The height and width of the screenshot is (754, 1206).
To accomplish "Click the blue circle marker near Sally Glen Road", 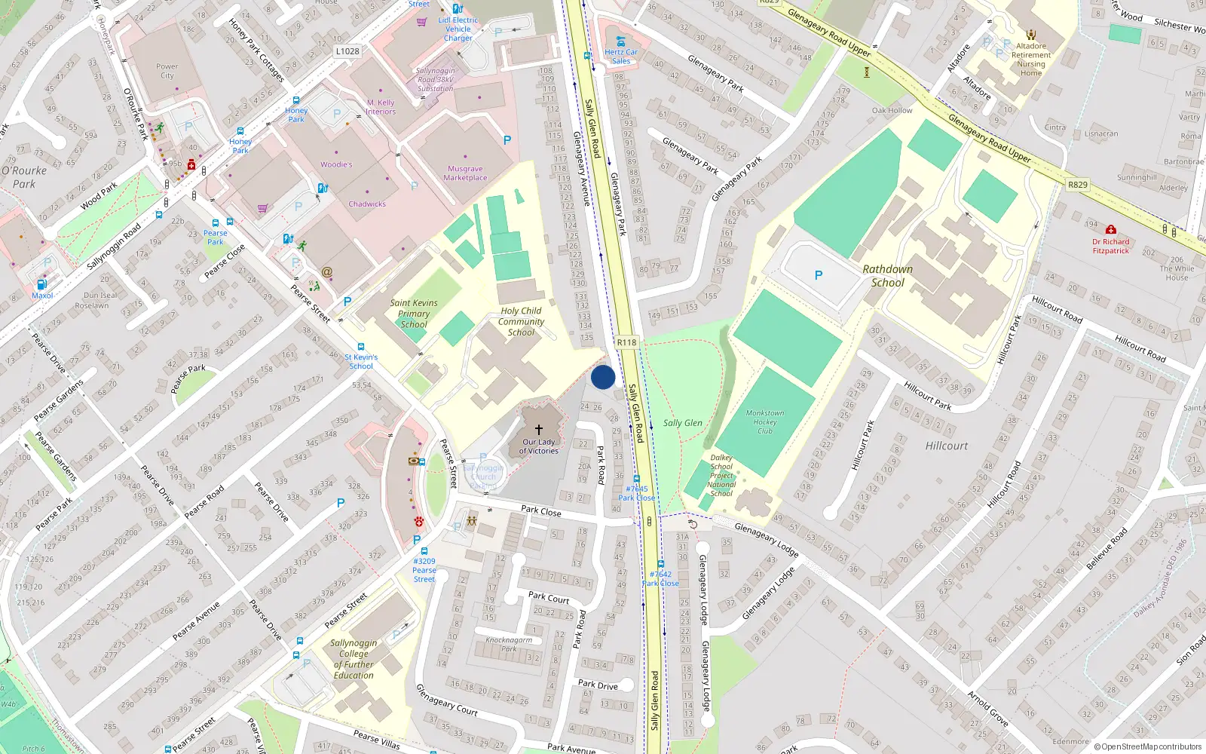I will pyautogui.click(x=603, y=377).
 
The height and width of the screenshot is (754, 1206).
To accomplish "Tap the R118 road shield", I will pyautogui.click(x=626, y=342).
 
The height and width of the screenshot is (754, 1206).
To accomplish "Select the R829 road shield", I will pyautogui.click(x=1078, y=185).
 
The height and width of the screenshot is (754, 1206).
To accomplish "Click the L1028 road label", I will pyautogui.click(x=347, y=51).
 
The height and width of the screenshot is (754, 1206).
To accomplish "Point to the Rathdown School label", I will pyautogui.click(x=887, y=276).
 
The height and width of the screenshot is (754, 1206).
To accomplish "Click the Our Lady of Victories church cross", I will pyautogui.click(x=539, y=429).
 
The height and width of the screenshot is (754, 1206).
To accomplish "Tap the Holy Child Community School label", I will pyautogui.click(x=521, y=321).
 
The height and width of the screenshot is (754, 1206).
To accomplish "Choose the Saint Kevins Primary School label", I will pyautogui.click(x=413, y=314).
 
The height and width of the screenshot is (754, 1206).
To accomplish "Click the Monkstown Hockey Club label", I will pyautogui.click(x=765, y=421).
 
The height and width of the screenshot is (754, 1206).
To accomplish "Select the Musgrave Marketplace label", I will pyautogui.click(x=465, y=173).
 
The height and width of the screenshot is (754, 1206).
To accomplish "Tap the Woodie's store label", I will pyautogui.click(x=336, y=164).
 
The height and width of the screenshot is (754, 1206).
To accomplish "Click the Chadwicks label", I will pyautogui.click(x=367, y=204).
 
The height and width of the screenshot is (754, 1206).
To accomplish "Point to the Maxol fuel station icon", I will pyautogui.click(x=41, y=284).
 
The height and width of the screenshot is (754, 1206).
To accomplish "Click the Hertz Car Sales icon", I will pyautogui.click(x=620, y=41).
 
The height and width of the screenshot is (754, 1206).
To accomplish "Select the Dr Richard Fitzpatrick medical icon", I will pyautogui.click(x=1110, y=230).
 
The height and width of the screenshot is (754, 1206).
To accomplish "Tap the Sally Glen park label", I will pyautogui.click(x=682, y=423).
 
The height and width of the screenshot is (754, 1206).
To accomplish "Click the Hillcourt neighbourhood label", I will pyautogui.click(x=947, y=446).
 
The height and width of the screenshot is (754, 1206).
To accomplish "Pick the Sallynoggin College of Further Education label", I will pyautogui.click(x=354, y=659).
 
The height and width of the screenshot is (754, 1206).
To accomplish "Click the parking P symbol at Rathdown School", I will pyautogui.click(x=819, y=275).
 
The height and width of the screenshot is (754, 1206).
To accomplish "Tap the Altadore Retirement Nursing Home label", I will pyautogui.click(x=1031, y=59).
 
